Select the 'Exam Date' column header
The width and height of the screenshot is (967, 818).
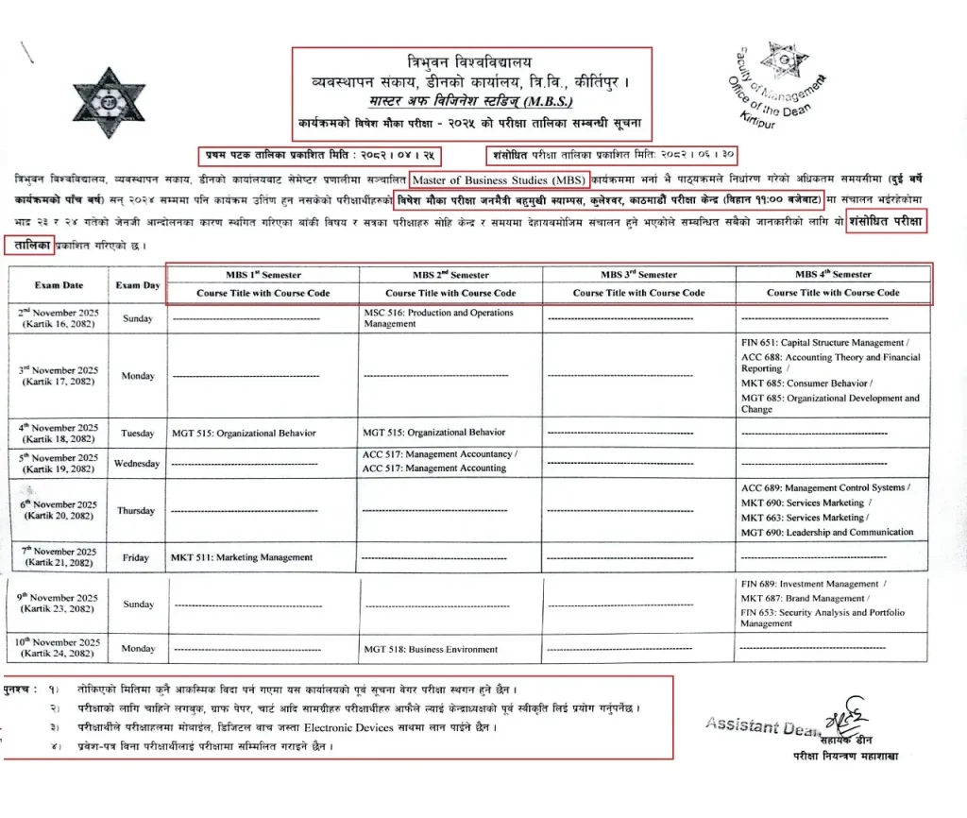(x=59, y=284)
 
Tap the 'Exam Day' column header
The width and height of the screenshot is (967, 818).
(x=138, y=284)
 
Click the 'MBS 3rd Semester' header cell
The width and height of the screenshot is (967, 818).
(x=638, y=275)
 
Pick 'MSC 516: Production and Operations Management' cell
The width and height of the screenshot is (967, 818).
(x=438, y=318)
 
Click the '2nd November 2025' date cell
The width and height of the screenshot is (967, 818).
(x=59, y=318)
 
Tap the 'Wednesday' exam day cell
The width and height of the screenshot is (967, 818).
(x=138, y=464)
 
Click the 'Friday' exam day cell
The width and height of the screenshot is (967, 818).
(x=137, y=558)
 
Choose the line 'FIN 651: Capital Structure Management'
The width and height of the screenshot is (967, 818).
(x=823, y=343)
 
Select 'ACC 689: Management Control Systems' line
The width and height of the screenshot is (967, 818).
(x=824, y=488)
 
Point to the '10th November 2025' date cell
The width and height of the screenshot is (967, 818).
(x=59, y=648)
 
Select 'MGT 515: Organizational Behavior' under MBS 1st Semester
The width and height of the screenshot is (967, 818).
(x=244, y=435)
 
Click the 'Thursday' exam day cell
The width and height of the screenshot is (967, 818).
(x=137, y=511)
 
